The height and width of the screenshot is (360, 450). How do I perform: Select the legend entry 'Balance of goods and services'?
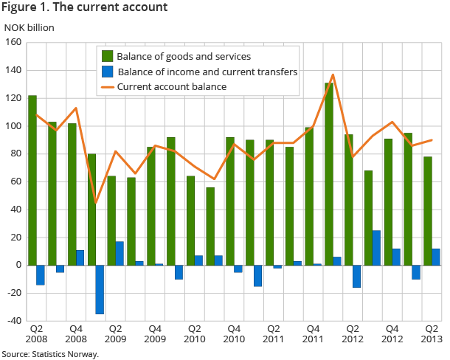(184, 56)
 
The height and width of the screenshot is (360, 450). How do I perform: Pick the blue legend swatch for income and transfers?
(107, 72)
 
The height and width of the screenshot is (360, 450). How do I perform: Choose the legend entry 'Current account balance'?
(171, 87)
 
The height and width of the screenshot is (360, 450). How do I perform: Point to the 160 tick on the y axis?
(13, 43)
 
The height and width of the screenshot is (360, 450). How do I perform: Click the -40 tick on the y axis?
(12, 321)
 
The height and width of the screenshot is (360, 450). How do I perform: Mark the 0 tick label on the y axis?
(17, 266)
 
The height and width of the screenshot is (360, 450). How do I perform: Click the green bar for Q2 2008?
(32, 180)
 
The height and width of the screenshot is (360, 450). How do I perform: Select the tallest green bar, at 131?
(329, 174)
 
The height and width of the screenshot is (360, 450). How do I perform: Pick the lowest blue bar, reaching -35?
(100, 289)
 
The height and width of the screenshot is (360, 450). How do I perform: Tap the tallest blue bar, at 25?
(377, 248)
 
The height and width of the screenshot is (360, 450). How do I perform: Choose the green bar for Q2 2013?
(428, 211)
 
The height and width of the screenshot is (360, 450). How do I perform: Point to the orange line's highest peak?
(333, 75)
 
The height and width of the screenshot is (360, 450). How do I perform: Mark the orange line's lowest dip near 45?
(96, 203)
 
